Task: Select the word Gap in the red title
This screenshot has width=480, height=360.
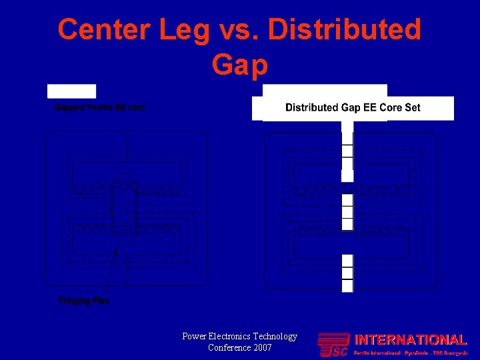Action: pyautogui.click(x=240, y=65)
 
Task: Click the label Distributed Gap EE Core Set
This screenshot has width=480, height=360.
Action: pyautogui.click(x=353, y=107)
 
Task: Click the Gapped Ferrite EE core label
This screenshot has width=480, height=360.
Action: pyautogui.click(x=100, y=107)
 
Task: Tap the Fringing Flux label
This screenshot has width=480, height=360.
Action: pyautogui.click(x=84, y=301)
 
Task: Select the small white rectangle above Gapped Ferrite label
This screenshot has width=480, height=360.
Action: pyautogui.click(x=71, y=91)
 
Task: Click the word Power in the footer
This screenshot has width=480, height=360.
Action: pyautogui.click(x=195, y=337)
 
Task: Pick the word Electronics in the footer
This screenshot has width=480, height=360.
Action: pyautogui.click(x=231, y=337)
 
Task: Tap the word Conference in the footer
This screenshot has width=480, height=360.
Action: pyautogui.click(x=227, y=347)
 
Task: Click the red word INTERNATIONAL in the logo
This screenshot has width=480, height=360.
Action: pyautogui.click(x=409, y=340)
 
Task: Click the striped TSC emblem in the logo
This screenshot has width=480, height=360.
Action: pyautogui.click(x=333, y=345)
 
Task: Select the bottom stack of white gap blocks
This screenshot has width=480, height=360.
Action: pyautogui.click(x=347, y=273)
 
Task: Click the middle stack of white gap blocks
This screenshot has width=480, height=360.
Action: pyautogui.click(x=347, y=212)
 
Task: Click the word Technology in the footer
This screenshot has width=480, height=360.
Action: pyautogui.click(x=275, y=337)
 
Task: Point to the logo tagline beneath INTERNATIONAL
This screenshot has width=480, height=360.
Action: pyautogui.click(x=410, y=351)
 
